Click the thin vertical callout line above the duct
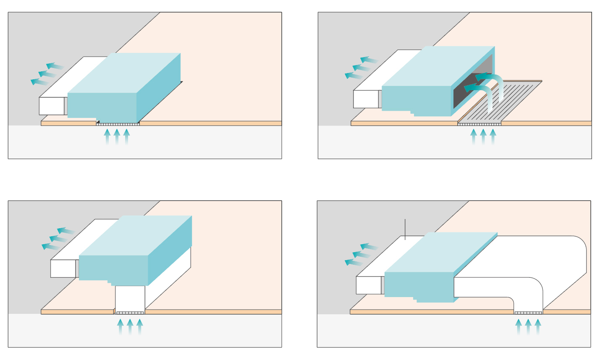405,229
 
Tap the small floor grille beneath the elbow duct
528,313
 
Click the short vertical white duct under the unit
130,298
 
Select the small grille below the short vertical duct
130,313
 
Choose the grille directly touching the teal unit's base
118,124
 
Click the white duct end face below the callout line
368,285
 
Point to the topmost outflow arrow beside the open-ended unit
369,60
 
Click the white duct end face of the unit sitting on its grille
51,106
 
